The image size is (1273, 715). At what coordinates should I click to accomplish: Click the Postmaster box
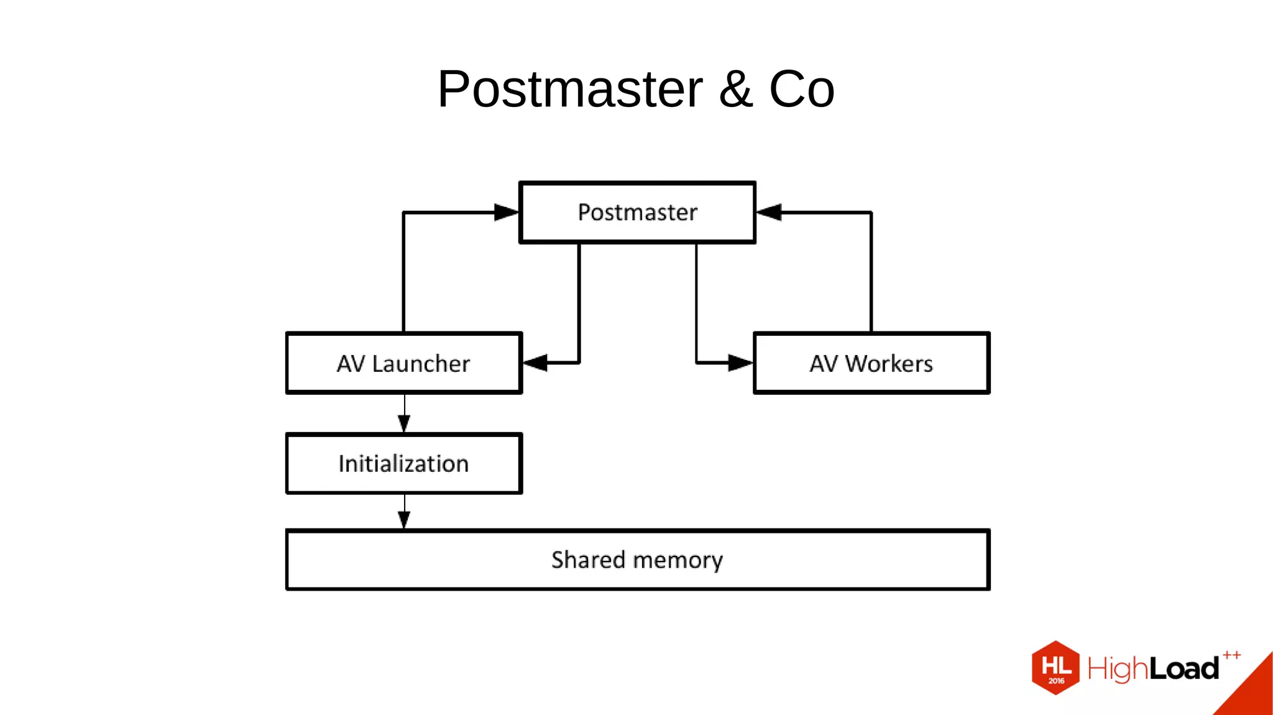[x=637, y=212]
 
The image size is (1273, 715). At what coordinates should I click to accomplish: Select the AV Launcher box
[x=403, y=363]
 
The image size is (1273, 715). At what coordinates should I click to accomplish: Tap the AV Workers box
[x=871, y=363]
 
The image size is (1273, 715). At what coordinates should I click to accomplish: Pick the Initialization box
[x=403, y=464]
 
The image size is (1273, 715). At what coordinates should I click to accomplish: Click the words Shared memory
[x=637, y=560]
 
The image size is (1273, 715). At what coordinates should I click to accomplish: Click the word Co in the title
[x=801, y=90]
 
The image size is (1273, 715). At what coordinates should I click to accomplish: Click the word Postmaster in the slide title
[x=569, y=90]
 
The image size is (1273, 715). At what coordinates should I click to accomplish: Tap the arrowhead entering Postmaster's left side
[x=506, y=212]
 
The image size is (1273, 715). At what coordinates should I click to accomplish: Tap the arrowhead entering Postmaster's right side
[x=770, y=212]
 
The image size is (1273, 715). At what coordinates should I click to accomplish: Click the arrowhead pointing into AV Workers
[x=740, y=362]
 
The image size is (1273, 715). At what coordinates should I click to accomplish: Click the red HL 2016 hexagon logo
[x=1055, y=668]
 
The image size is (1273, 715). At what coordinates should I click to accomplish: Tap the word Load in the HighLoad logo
[x=1183, y=669]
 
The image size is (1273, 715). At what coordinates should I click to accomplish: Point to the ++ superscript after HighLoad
[x=1231, y=655]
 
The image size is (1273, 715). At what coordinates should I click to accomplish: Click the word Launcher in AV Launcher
[x=421, y=363]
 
